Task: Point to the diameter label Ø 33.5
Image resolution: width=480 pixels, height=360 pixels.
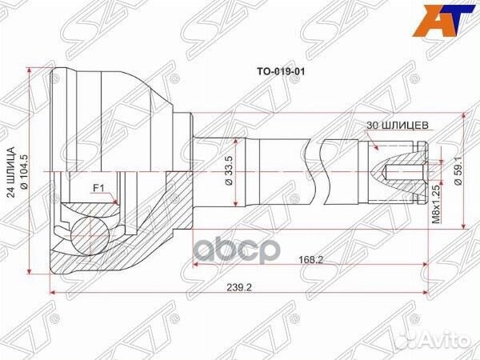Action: tap(230, 170)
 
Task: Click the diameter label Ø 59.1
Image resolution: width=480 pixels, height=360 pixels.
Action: tap(458, 170)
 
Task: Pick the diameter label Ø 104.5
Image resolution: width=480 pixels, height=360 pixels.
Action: tap(29, 170)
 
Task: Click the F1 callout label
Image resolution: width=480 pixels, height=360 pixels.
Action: tap(99, 189)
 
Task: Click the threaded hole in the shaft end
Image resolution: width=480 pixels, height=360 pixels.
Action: tap(400, 170)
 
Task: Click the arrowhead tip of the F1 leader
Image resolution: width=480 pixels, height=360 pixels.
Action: tap(118, 205)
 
